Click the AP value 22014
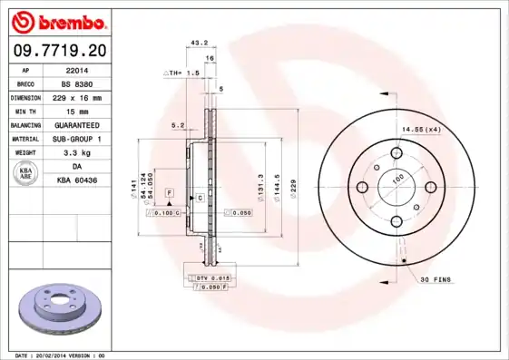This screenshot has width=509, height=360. [76, 69]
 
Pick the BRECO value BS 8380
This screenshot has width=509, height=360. [76, 83]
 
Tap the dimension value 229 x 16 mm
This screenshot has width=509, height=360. [76, 97]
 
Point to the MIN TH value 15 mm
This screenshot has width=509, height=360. [76, 111]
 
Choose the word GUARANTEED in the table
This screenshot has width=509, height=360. [76, 124]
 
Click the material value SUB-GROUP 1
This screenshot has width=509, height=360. [76, 139]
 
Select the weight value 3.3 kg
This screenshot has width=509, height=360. [76, 153]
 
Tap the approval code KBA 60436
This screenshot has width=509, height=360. [76, 181]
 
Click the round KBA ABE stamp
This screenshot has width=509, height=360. [26, 174]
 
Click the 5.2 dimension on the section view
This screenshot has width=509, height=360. [177, 125]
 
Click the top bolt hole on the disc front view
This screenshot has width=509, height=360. [396, 152]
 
